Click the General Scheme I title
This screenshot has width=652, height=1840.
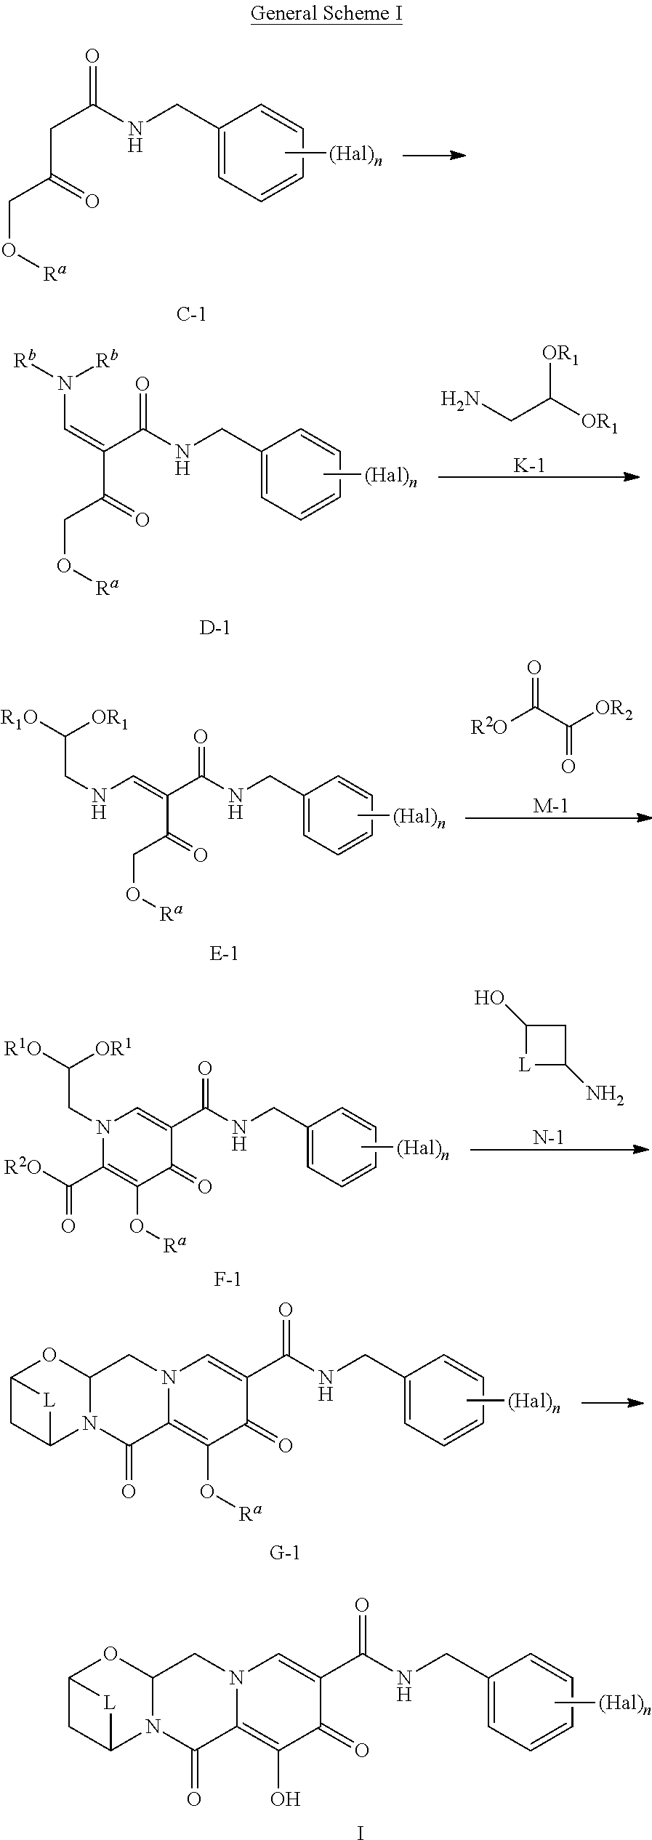326,14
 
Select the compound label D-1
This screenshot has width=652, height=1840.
214,626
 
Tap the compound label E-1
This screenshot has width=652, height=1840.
224,953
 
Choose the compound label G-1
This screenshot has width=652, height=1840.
284,1553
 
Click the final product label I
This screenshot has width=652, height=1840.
360,1828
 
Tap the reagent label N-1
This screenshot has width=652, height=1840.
549,1137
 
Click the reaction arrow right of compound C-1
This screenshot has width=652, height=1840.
434,155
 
